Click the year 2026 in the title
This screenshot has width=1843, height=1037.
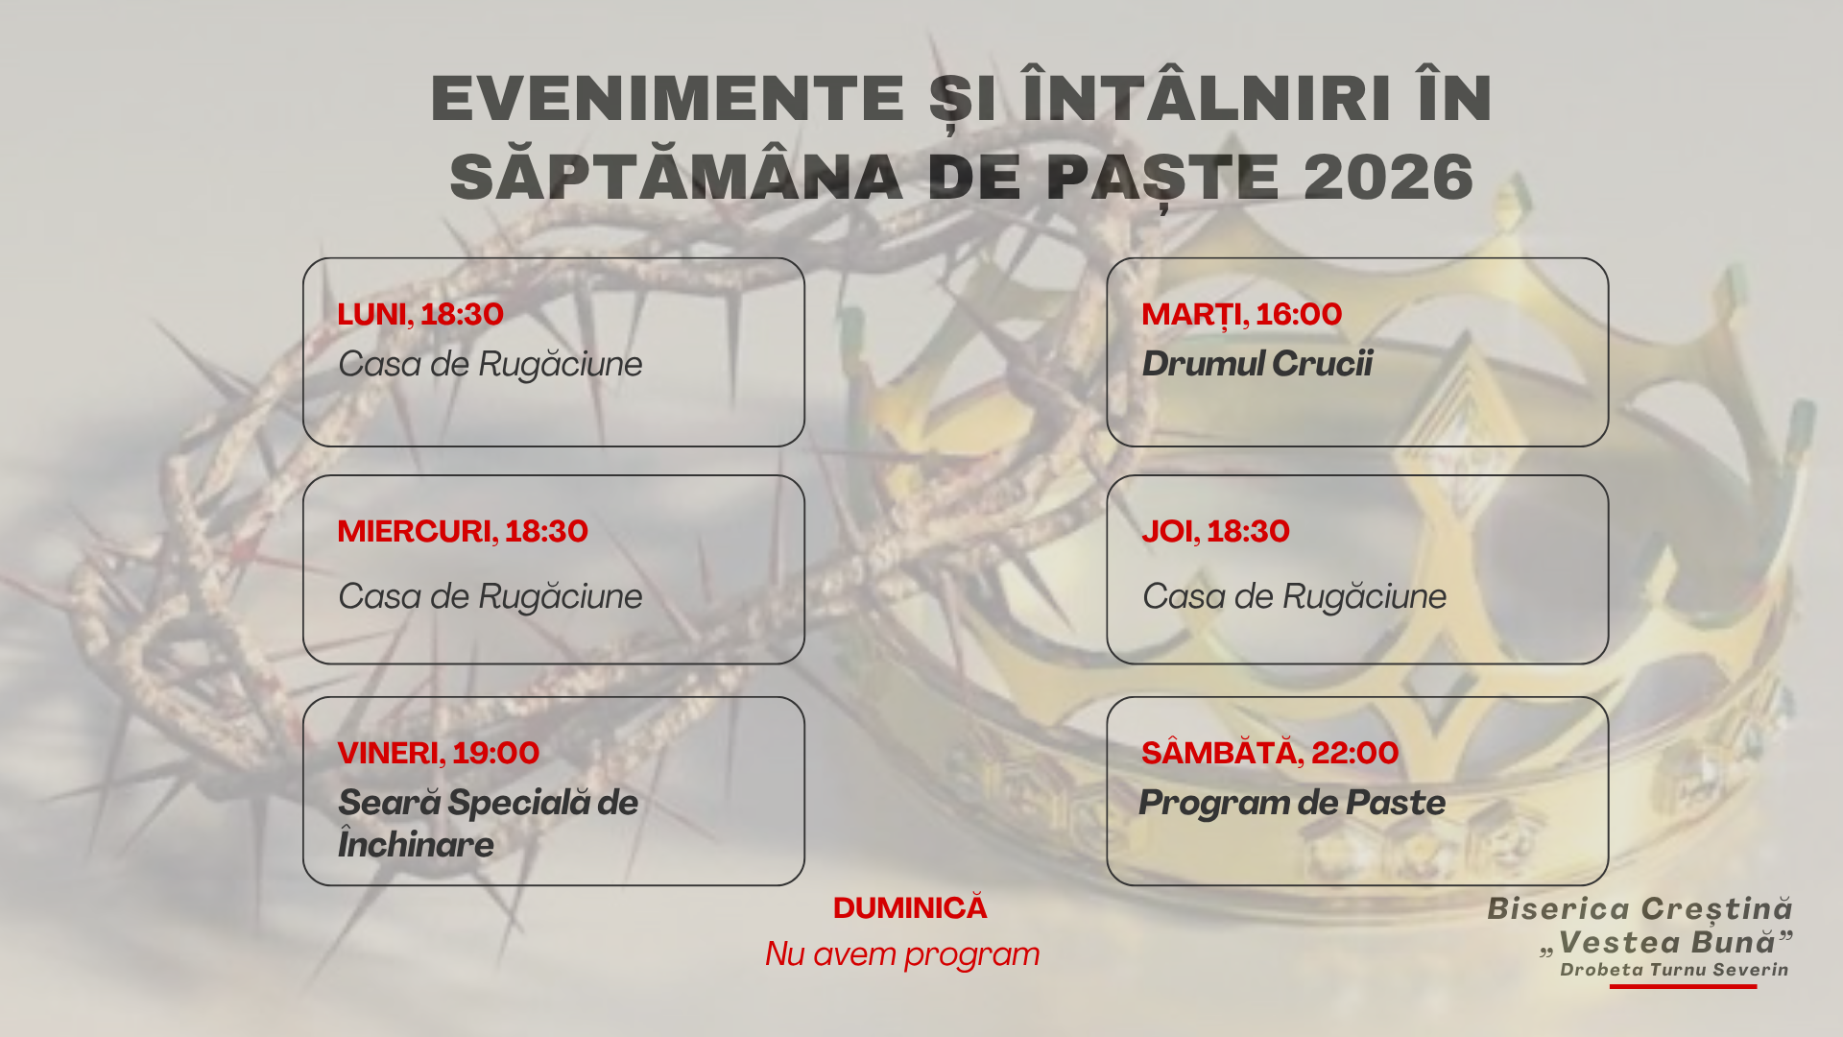pyautogui.click(x=1388, y=178)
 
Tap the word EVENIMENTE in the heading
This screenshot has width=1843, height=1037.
pyautogui.click(x=668, y=99)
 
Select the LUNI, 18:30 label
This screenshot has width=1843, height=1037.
pyautogui.click(x=420, y=314)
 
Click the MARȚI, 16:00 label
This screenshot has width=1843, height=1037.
pyautogui.click(x=1241, y=314)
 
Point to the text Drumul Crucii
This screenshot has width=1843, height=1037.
pyautogui.click(x=1257, y=364)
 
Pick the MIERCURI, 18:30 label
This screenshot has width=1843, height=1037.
pyautogui.click(x=463, y=531)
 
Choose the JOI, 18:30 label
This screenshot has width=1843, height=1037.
pyautogui.click(x=1215, y=531)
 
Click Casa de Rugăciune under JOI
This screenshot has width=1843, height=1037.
pyautogui.click(x=1294, y=596)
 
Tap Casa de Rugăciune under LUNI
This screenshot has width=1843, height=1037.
pyautogui.click(x=490, y=364)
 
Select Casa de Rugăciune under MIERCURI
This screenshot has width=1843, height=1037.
pyautogui.click(x=490, y=596)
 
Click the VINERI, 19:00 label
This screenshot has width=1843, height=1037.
pyautogui.click(x=438, y=753)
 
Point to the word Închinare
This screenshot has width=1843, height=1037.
pyautogui.click(x=416, y=845)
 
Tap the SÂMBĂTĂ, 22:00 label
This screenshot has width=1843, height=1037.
pyautogui.click(x=1269, y=753)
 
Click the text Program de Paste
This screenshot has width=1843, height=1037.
pyautogui.click(x=1292, y=803)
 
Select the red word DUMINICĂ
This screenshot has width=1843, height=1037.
pyautogui.click(x=909, y=908)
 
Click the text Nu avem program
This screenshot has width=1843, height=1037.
pyautogui.click(x=902, y=954)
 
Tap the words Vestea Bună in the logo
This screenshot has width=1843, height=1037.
pyautogui.click(x=1666, y=942)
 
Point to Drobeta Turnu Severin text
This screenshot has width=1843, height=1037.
pyautogui.click(x=1674, y=970)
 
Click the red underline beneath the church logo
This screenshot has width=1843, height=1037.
pyautogui.click(x=1683, y=986)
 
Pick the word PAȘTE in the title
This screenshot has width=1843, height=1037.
pyautogui.click(x=1162, y=178)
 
